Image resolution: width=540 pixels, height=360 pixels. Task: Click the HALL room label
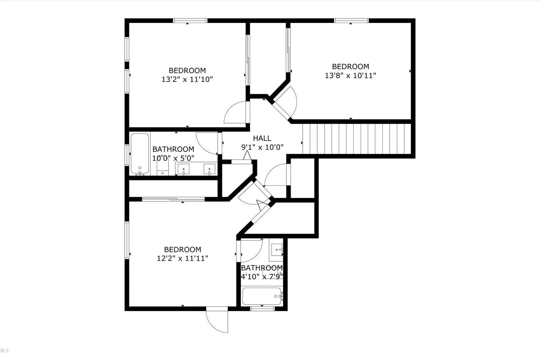click(262, 138)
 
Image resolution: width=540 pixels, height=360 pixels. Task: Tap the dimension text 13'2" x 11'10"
click(187, 79)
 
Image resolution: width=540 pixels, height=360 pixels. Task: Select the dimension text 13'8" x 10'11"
click(351, 75)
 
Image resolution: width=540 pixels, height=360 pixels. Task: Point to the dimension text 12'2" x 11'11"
click(182, 258)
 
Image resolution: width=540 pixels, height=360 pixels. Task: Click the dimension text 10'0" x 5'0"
click(173, 158)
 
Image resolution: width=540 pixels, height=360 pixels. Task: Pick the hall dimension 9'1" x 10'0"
click(262, 147)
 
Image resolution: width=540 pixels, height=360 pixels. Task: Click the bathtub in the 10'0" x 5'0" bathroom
click(140, 154)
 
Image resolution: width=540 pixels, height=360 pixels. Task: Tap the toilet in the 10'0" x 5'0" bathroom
click(162, 166)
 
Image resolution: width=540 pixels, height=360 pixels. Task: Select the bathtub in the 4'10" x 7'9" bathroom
click(262, 296)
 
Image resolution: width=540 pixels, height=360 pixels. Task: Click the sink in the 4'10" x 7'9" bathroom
click(277, 250)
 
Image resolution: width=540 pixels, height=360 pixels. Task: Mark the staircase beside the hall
click(357, 139)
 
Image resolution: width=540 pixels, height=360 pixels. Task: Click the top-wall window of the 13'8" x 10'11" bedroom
click(351, 20)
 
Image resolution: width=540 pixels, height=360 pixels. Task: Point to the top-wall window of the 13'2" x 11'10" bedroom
click(190, 20)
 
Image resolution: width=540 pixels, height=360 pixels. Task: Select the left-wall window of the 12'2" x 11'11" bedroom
click(127, 240)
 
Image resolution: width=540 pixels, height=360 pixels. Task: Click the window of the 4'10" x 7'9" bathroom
click(262, 308)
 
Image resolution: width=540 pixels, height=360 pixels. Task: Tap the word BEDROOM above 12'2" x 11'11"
click(182, 249)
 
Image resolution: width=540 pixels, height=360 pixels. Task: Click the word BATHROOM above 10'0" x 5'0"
click(173, 149)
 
